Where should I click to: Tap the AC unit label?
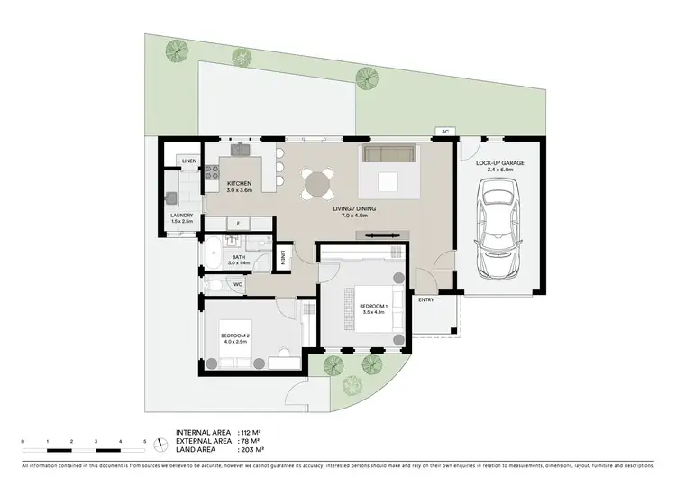point(445,133)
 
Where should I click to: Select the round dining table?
point(317,183)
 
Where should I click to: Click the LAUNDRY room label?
point(182,216)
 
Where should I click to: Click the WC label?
point(238,285)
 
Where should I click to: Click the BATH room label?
point(239,256)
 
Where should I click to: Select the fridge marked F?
point(237,222)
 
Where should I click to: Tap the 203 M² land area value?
point(252,449)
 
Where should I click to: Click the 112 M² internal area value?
point(252,433)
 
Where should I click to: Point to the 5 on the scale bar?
point(144,441)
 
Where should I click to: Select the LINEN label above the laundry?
point(189,161)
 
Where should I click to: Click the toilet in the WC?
point(213,285)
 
